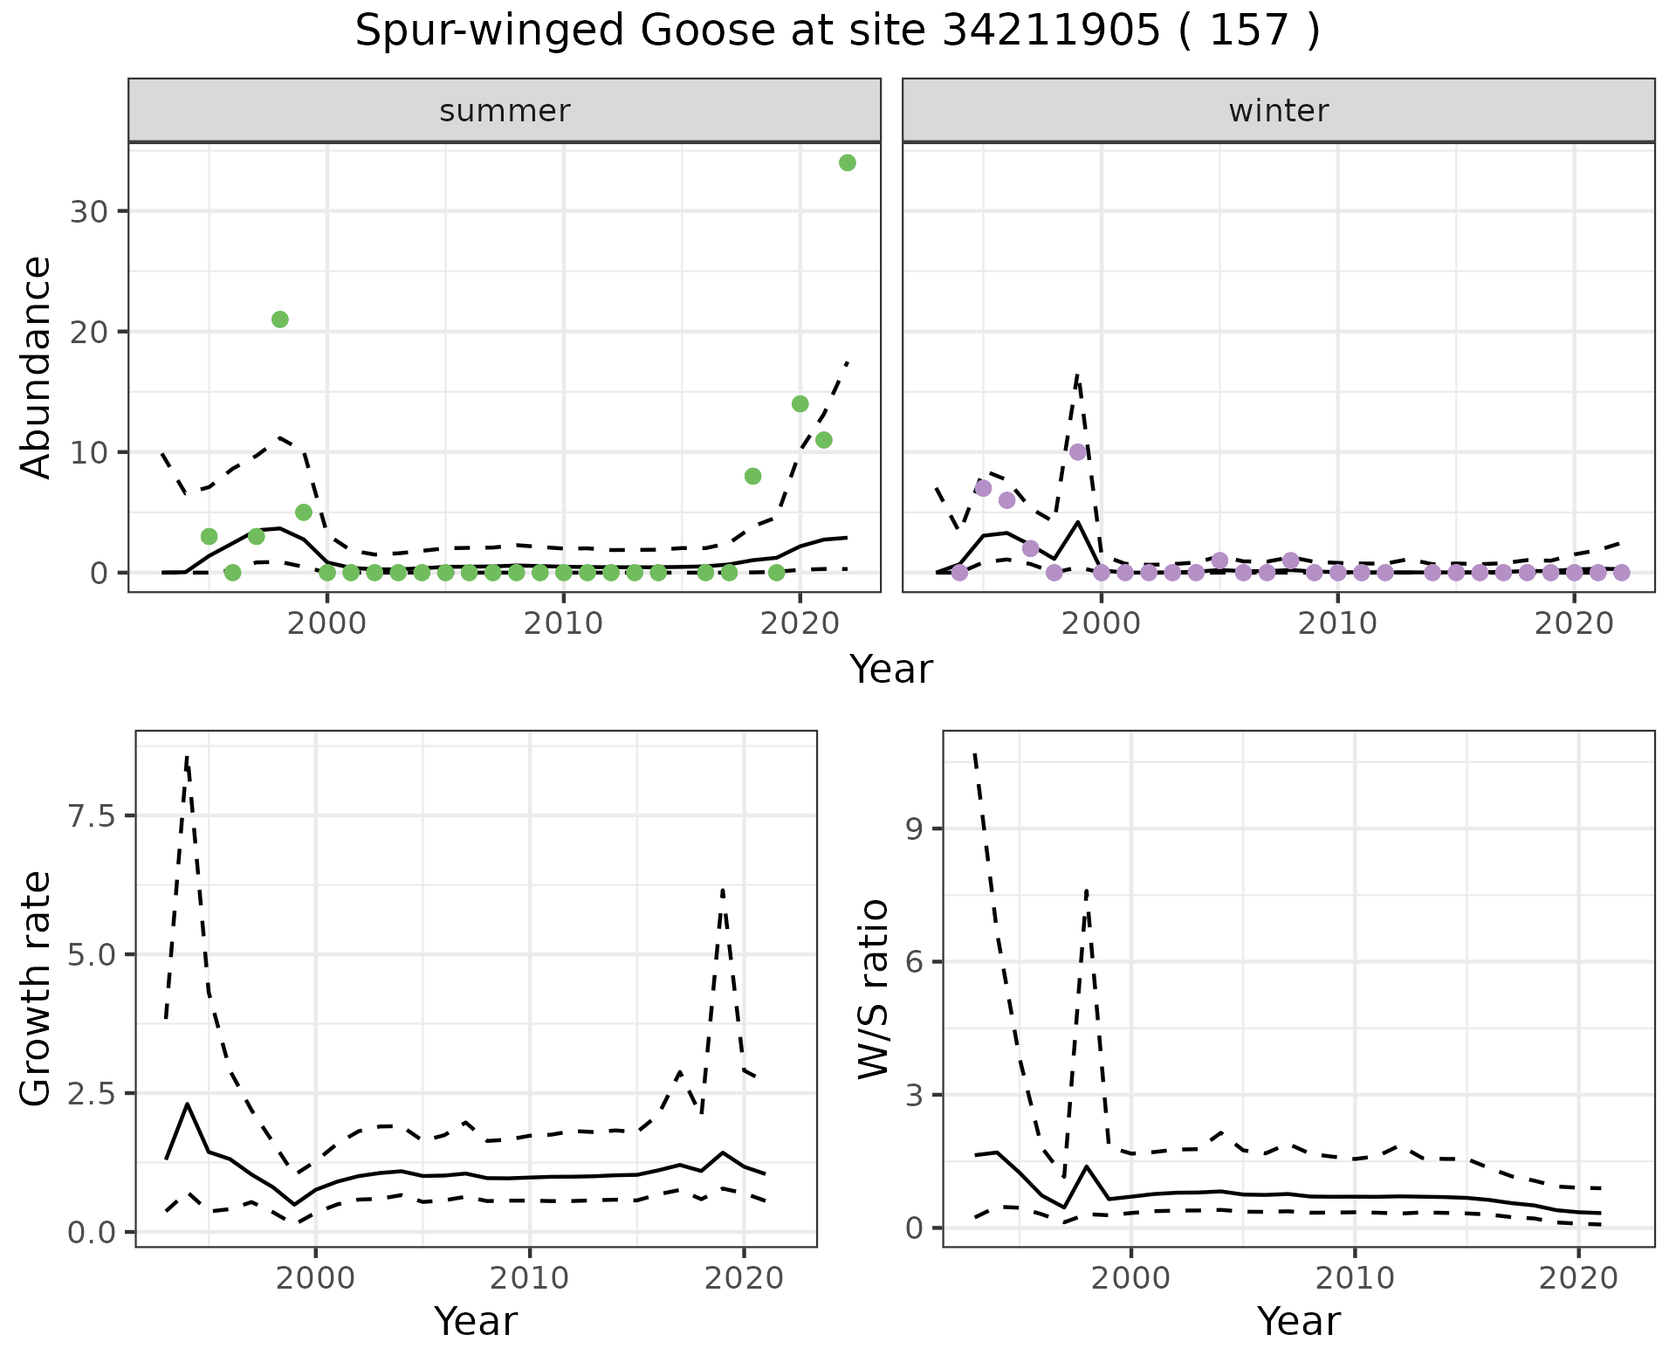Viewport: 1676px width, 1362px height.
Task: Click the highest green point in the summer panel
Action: pos(847,162)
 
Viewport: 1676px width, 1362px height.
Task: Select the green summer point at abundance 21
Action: pos(280,320)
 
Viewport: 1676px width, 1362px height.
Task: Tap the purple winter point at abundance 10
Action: pos(1078,451)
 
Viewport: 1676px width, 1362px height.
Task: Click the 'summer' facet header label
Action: pos(505,111)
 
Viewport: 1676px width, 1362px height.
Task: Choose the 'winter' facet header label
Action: pos(1278,111)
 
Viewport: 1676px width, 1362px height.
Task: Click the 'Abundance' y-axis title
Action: pos(37,368)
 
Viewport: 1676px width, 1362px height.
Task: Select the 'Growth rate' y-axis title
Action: pos(37,988)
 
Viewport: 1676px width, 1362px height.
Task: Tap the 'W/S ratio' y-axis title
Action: pos(874,988)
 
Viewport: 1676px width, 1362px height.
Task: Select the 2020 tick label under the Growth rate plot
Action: pos(743,1278)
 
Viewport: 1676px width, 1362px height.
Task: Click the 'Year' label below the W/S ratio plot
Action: pos(1298,1322)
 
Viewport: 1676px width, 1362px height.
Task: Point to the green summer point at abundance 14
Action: pos(800,403)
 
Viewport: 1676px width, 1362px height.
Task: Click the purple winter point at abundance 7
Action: pos(984,488)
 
